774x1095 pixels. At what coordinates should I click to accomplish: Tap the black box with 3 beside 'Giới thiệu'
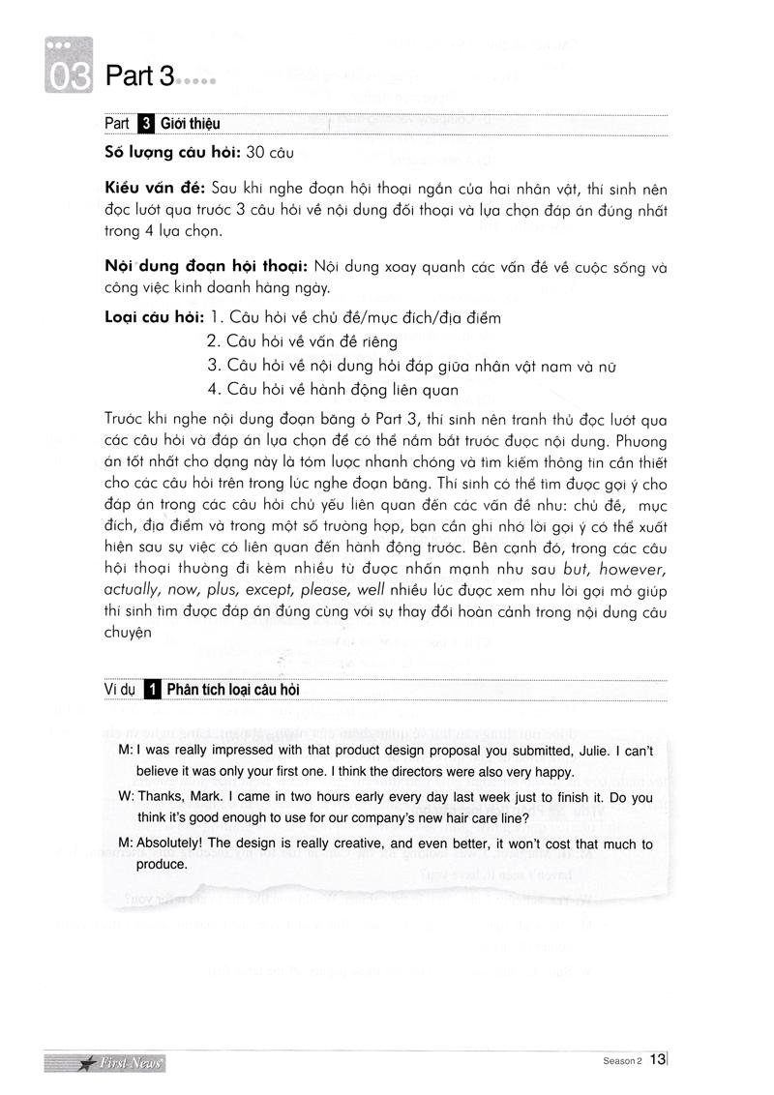(146, 124)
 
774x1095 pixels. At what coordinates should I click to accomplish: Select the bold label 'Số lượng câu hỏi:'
(172, 152)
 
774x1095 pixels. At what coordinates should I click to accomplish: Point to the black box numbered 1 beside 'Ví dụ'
(151, 689)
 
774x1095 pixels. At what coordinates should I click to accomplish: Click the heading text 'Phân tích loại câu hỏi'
(233, 690)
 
